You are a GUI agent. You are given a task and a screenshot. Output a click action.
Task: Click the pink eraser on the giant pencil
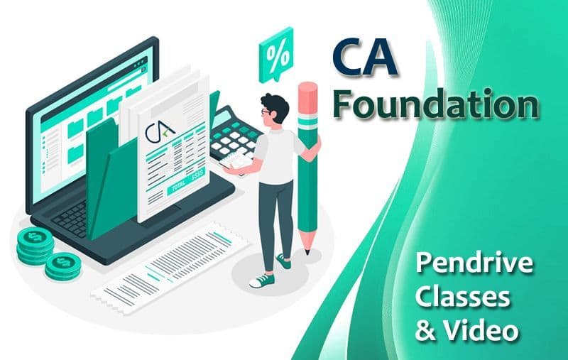click(x=307, y=92)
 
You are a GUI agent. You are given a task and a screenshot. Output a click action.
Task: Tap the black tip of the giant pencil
click(x=307, y=251)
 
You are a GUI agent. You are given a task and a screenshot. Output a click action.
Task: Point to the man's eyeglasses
click(x=266, y=112)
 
